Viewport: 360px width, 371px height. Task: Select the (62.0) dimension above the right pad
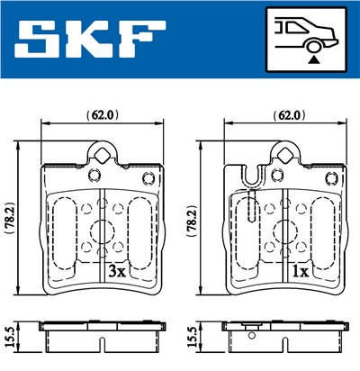pyautogui.click(x=285, y=115)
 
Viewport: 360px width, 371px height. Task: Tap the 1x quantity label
pyautogui.click(x=300, y=270)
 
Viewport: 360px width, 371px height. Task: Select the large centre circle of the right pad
pyautogui.click(x=285, y=228)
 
